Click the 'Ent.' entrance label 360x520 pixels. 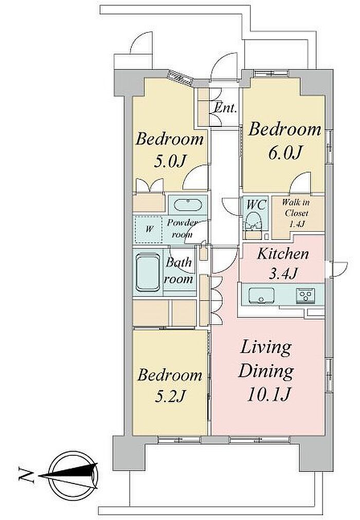point(226,108)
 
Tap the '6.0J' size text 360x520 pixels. point(286,153)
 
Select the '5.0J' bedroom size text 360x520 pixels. point(170,161)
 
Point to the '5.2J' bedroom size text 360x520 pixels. point(170,396)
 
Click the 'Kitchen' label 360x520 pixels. point(283,254)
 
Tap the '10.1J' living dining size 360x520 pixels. point(269,394)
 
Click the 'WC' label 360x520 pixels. point(257,205)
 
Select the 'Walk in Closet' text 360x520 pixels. point(295,208)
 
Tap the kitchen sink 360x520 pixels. point(262,295)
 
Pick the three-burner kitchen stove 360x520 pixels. point(305,294)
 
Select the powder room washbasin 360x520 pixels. point(188,205)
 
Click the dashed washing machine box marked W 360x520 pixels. point(149,230)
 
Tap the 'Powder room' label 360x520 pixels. point(183,228)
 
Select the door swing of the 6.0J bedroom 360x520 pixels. point(300,183)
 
